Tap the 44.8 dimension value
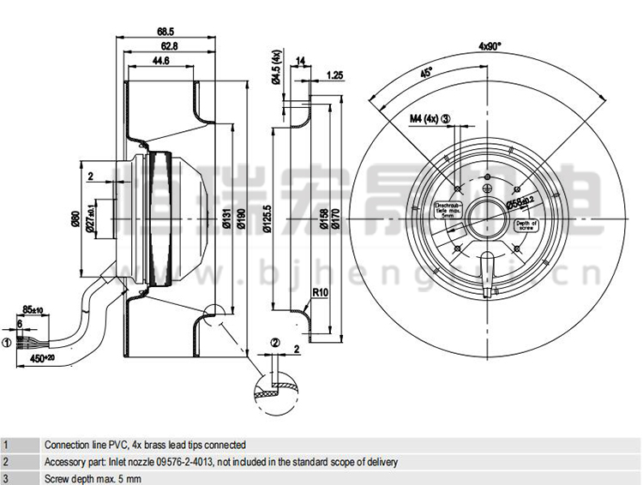coord(160,61)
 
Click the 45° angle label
coord(425,74)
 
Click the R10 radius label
coord(321,292)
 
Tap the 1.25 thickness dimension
coord(335,75)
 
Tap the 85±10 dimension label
coord(33,308)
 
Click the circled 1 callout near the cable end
coord(6,343)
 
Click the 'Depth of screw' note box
coord(525,225)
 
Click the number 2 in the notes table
coord(5,462)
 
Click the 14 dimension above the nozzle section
coord(300,61)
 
